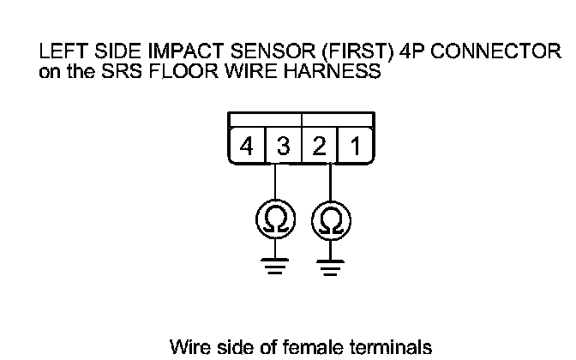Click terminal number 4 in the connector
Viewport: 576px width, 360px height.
point(247,147)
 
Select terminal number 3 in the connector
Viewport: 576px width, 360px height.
point(283,147)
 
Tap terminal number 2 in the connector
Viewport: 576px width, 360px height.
point(319,147)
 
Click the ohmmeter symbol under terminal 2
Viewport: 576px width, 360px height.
point(329,221)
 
